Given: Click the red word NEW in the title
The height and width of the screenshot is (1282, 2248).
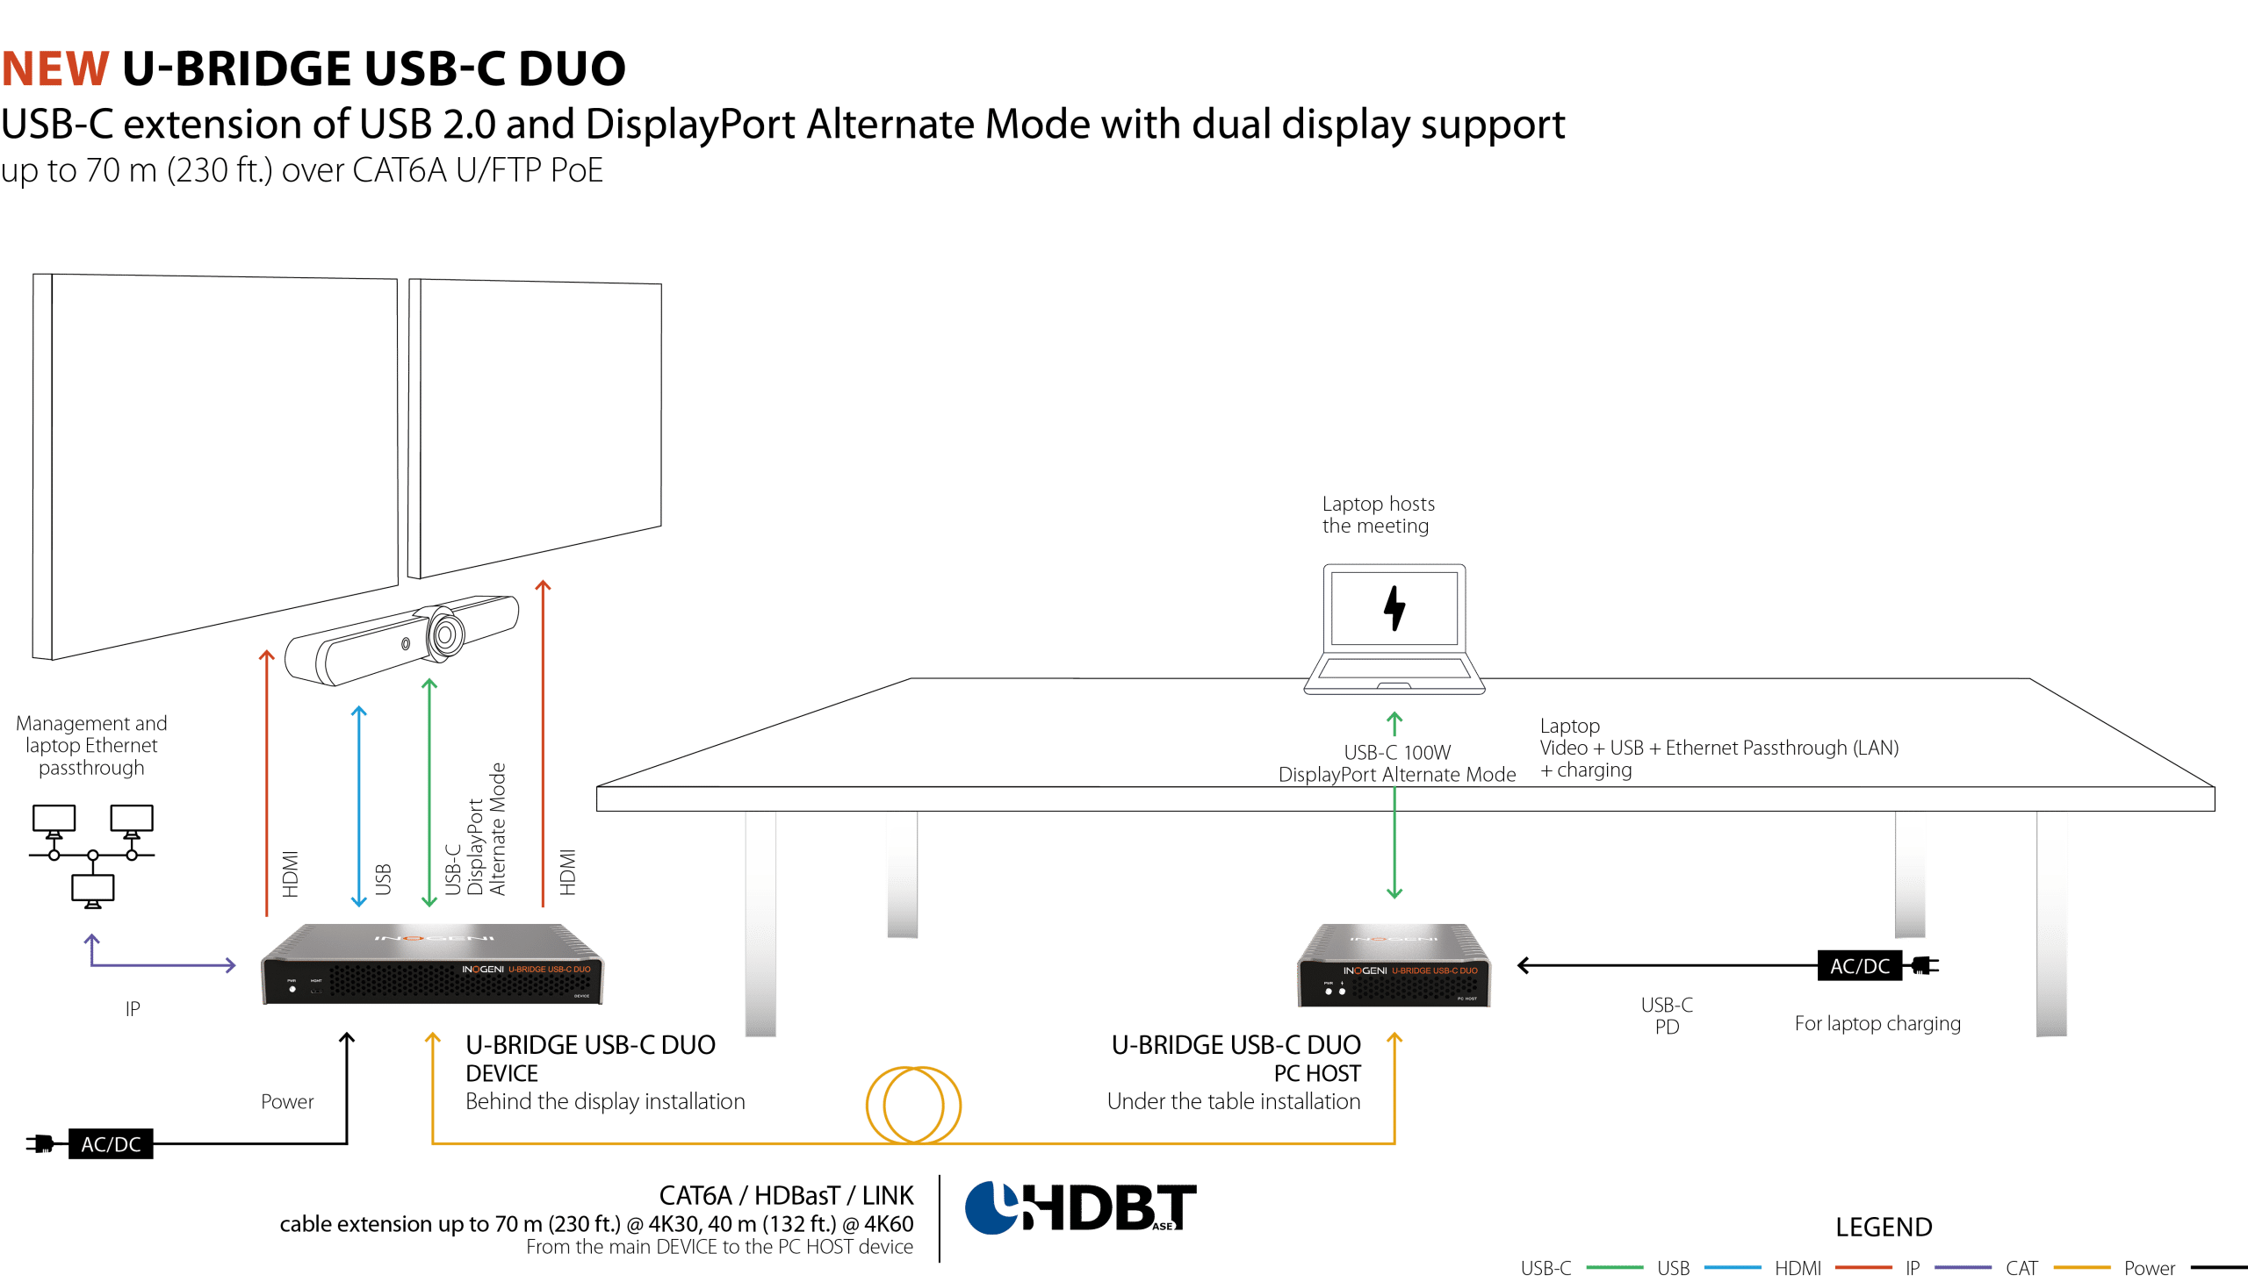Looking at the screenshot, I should [55, 68].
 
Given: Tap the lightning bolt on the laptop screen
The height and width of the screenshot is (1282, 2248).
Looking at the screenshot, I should [1394, 607].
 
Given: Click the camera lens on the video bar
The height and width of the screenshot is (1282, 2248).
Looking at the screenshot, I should [447, 632].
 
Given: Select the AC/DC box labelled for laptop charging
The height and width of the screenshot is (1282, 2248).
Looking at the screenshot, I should [1859, 966].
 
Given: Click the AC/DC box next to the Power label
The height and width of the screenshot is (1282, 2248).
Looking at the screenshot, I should [111, 1143].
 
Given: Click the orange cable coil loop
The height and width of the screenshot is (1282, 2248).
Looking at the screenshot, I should [913, 1104].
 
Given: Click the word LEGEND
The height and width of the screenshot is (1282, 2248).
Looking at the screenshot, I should [1884, 1227].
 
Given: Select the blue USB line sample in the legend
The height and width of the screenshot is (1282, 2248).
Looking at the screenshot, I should [1732, 1268].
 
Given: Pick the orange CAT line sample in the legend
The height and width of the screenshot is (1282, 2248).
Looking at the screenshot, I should [2081, 1268].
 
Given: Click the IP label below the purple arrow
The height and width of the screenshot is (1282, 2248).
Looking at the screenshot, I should [133, 1009].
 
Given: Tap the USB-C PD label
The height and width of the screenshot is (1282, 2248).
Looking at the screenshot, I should [1666, 1015].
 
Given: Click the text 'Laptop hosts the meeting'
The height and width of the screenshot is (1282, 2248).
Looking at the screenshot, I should [1378, 515].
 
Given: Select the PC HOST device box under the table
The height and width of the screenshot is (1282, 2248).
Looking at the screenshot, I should [1394, 967].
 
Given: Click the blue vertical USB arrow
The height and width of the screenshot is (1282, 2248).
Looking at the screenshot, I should [358, 806].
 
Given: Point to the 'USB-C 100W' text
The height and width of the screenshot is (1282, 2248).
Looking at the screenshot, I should [1396, 752].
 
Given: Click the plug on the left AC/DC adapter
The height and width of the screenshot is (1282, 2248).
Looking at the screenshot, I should [40, 1143].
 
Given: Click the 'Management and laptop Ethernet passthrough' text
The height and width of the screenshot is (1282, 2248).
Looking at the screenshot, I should [91, 746].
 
